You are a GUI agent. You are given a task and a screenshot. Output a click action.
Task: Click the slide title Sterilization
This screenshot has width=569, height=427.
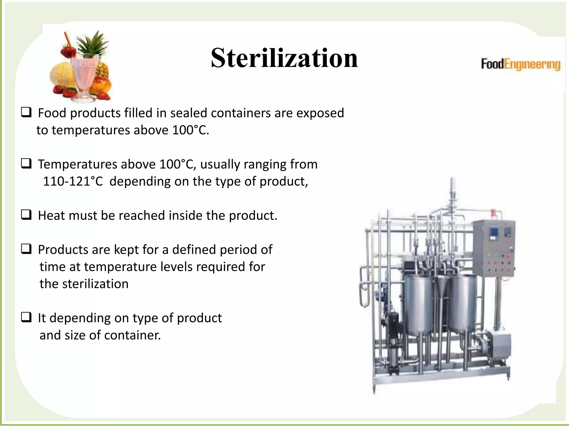[284, 58]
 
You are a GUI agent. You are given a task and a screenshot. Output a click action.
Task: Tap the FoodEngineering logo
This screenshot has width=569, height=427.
[520, 64]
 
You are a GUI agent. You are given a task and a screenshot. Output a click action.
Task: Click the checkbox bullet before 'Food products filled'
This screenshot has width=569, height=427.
[26, 113]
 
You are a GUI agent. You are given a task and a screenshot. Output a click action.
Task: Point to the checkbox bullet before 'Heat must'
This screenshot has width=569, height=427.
[26, 215]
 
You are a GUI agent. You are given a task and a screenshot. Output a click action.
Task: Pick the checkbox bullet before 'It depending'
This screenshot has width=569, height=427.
[26, 317]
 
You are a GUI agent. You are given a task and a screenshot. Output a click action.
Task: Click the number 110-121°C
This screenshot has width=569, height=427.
[73, 182]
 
